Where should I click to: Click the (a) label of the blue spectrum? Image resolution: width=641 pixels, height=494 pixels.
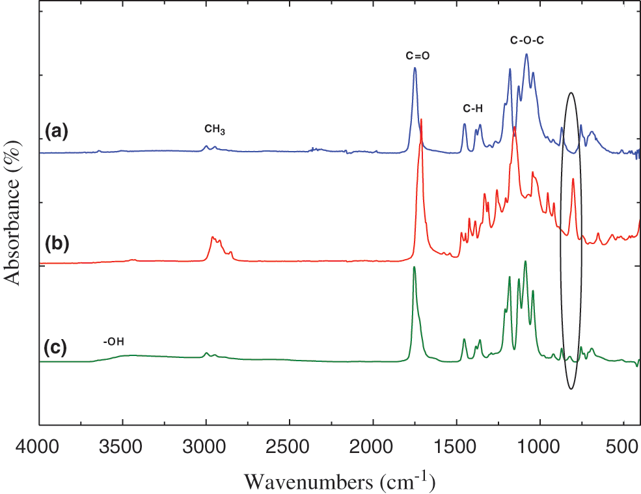point(56,133)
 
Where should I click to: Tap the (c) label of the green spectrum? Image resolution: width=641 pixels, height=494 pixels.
point(56,348)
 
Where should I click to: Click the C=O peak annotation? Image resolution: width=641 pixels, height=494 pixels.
point(417,56)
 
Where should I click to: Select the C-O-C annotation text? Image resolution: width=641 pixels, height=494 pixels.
point(526,40)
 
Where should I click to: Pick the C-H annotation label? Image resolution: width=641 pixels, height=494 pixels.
point(473,108)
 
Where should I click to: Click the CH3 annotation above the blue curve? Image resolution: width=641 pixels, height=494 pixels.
point(215,130)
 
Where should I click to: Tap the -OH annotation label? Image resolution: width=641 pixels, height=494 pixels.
point(113,341)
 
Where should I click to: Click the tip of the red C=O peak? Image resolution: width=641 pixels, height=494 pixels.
point(422,120)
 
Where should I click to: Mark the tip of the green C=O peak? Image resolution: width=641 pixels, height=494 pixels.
point(414,268)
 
